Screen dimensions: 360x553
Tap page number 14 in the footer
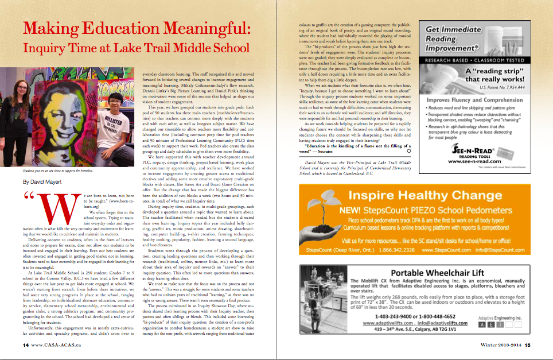(26, 345)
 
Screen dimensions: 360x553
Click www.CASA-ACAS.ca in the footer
(60, 345)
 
